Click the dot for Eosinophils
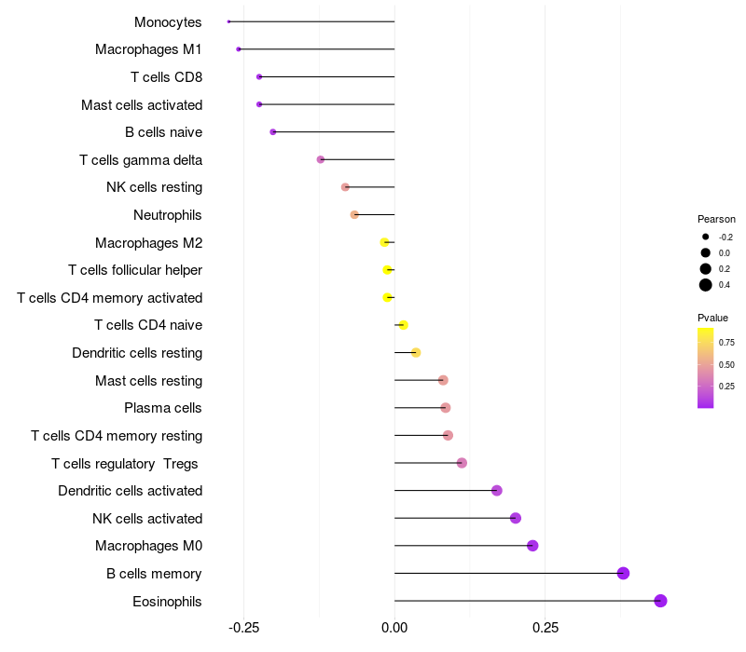660,601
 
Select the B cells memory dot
623,573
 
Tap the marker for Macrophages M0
532,546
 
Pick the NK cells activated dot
516,518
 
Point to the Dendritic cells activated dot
497,491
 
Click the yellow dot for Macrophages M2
385,242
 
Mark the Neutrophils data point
354,215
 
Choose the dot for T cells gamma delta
321,159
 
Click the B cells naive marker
272,132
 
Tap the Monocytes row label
168,22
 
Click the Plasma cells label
163,408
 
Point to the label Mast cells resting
148,381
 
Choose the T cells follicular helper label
135,270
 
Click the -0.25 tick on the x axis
244,628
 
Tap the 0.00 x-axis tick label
394,628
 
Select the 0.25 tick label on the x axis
546,628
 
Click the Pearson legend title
716,219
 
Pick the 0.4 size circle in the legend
706,285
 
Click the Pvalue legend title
713,318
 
